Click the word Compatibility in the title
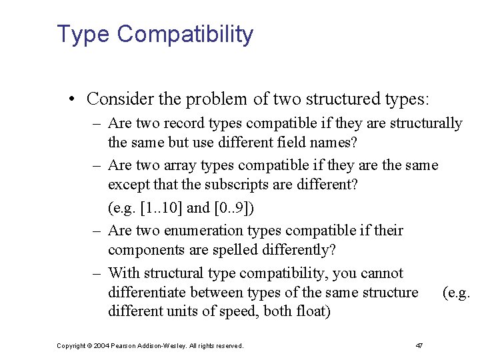pyautogui.click(x=185, y=34)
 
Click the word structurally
pyautogui.click(x=425, y=123)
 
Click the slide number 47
pyautogui.click(x=419, y=345)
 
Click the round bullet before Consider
pyautogui.click(x=71, y=100)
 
